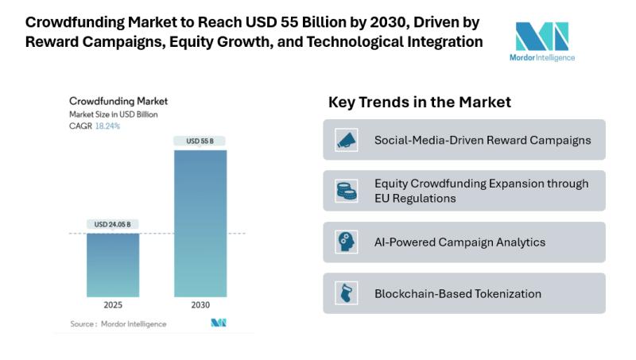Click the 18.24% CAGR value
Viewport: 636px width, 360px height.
point(108,126)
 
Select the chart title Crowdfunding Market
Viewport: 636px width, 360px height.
point(118,102)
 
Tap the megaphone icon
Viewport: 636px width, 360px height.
point(346,140)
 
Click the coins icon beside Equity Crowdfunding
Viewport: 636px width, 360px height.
point(346,191)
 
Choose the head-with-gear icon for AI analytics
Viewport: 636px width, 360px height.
point(346,242)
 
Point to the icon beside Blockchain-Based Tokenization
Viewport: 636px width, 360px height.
point(346,293)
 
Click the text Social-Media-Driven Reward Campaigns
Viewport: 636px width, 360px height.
point(483,140)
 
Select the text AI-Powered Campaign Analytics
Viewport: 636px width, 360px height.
point(460,242)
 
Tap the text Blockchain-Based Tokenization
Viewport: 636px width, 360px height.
point(458,293)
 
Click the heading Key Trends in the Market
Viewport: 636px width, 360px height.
point(419,103)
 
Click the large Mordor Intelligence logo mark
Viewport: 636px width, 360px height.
point(541,37)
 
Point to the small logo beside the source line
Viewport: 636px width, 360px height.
point(219,323)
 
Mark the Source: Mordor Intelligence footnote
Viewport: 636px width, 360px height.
point(118,323)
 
